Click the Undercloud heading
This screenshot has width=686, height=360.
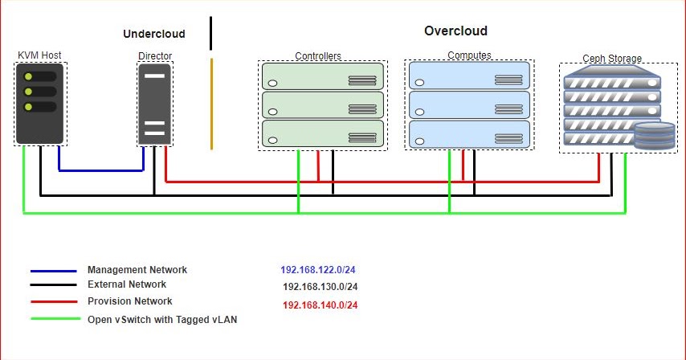point(154,34)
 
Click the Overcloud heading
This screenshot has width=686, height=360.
point(455,31)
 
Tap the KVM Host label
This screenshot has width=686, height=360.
point(39,55)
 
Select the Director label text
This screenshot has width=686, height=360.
point(155,56)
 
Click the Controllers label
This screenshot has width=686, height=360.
point(318,56)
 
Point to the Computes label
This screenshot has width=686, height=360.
point(470,55)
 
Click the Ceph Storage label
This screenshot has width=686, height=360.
point(612,58)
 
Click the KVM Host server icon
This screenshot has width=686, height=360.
point(39,104)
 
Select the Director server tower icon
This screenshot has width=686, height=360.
point(155,104)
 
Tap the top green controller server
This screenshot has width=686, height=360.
point(323,77)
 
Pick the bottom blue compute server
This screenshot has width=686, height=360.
point(469,134)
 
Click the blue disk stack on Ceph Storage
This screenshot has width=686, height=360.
point(655,137)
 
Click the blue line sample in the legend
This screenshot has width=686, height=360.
point(53,271)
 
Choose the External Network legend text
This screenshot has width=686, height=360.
point(127,284)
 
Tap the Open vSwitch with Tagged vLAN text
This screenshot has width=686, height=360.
point(162,319)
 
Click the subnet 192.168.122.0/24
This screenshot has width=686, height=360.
point(319,271)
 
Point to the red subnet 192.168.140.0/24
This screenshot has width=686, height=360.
point(321,305)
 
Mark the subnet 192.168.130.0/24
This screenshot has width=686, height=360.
point(321,287)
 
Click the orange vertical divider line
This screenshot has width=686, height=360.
point(211,103)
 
